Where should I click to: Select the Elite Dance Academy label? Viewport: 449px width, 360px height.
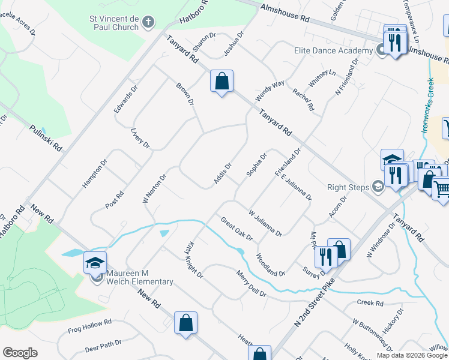click(334, 50)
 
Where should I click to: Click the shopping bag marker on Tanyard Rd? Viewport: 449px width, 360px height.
click(221, 81)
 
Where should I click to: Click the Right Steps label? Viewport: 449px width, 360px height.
click(348, 187)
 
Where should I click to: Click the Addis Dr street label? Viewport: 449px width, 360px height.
click(222, 174)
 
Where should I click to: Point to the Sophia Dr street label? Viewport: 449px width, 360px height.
click(256, 166)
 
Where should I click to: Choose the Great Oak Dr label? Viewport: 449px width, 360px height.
click(237, 229)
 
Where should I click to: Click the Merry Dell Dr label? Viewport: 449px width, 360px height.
click(252, 284)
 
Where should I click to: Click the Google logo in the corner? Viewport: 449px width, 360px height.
click(20, 352)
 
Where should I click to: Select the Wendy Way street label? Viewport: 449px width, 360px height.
click(270, 91)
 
